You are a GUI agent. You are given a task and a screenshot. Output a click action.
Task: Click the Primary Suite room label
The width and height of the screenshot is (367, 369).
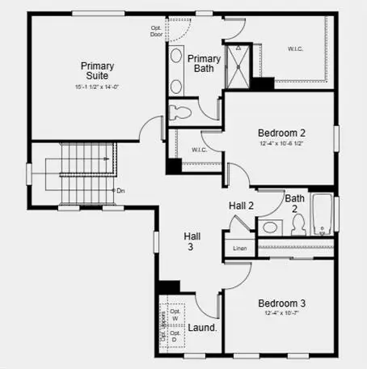(x=96, y=72)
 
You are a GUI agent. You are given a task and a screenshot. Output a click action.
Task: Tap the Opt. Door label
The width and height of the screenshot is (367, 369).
(x=157, y=32)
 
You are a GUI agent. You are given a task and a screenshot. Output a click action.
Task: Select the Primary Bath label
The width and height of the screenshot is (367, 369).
(x=204, y=64)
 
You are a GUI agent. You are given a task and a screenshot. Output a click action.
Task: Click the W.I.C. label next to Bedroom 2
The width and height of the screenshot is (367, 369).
(x=200, y=150)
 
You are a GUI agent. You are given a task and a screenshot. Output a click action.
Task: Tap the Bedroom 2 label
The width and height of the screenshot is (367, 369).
(x=281, y=133)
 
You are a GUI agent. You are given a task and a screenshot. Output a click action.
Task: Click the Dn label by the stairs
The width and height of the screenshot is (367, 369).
(x=120, y=191)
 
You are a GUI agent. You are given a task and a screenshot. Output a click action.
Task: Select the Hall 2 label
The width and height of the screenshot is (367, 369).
(x=242, y=206)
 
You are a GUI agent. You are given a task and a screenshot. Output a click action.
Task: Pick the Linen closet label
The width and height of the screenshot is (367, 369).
(x=240, y=248)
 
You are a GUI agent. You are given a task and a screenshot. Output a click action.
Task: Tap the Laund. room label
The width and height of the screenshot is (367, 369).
(x=202, y=328)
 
